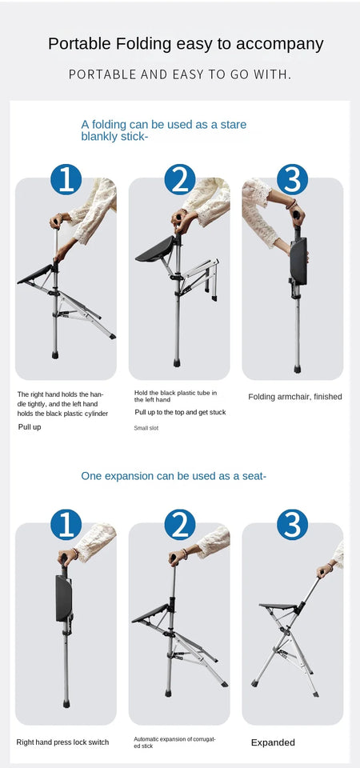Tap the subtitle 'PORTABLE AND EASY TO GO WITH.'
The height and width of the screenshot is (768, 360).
[x=180, y=74]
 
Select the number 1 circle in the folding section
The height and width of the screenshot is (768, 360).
[x=66, y=179]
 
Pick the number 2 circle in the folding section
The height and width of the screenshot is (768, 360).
[x=180, y=179]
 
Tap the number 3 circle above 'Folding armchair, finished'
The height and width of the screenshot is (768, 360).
[x=293, y=179]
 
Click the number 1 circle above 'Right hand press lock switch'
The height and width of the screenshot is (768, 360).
[x=66, y=525]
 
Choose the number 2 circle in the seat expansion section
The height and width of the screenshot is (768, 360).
[x=180, y=525]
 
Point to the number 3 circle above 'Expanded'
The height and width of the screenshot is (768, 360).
[x=293, y=525]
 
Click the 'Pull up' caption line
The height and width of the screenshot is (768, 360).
[x=30, y=427]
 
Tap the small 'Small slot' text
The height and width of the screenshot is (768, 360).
[x=146, y=429]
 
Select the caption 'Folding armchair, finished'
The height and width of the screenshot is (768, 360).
[x=294, y=397]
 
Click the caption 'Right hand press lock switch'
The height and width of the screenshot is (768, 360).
[x=62, y=742]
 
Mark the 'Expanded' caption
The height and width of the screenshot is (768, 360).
[x=273, y=742]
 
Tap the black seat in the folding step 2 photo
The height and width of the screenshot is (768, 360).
[x=156, y=249]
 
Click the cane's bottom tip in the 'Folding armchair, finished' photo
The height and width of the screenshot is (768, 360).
[x=297, y=369]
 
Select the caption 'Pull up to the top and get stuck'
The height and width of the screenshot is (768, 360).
[x=180, y=412]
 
